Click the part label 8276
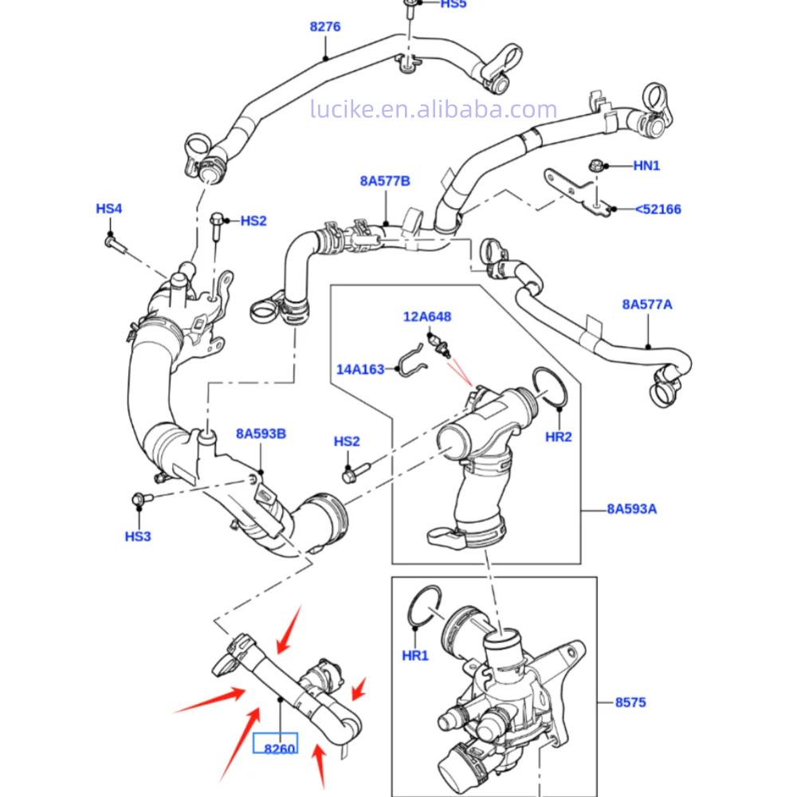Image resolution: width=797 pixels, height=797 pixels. click(x=325, y=26)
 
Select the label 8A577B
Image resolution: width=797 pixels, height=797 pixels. click(x=384, y=181)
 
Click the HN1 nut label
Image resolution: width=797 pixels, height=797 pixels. click(x=646, y=166)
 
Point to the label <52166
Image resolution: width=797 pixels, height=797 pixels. click(x=658, y=209)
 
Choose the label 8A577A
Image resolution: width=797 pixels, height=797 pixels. click(x=647, y=304)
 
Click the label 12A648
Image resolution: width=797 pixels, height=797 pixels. click(x=426, y=316)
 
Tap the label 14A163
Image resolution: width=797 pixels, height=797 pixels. click(x=359, y=369)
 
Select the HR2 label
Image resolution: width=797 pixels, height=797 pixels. click(x=559, y=437)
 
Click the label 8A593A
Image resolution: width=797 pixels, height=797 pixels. click(x=631, y=508)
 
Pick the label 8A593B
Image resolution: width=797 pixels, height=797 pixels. click(x=261, y=434)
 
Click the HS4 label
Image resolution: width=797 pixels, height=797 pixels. click(x=109, y=209)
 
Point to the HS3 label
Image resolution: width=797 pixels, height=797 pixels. click(x=138, y=536)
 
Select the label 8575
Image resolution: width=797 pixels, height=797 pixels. click(x=630, y=702)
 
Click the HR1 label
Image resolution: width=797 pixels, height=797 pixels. click(x=415, y=655)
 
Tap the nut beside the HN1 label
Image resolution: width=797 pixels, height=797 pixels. click(x=593, y=167)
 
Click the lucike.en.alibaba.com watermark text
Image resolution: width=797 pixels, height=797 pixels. click(x=434, y=110)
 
